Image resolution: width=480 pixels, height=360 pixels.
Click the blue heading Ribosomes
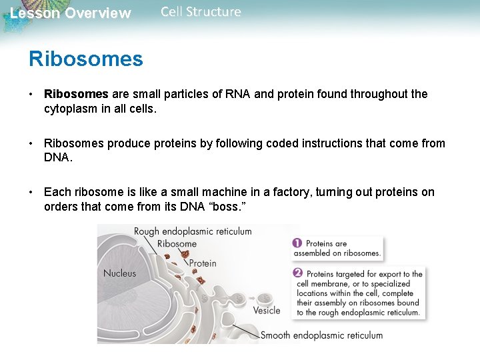(x=85, y=59)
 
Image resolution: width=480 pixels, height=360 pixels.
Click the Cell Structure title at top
(x=201, y=12)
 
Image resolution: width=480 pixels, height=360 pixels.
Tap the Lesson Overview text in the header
(x=71, y=13)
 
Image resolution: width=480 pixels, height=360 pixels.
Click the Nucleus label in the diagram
(x=119, y=273)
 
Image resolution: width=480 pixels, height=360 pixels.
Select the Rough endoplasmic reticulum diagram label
(x=193, y=232)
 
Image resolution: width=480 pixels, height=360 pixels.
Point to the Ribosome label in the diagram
(x=177, y=244)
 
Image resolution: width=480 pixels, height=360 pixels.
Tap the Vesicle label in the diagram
(x=267, y=311)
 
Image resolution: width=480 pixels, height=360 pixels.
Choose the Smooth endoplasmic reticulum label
(x=321, y=335)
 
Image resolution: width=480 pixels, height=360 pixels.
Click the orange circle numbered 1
(x=297, y=244)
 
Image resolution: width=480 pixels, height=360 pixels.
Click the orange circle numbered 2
(x=297, y=273)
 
